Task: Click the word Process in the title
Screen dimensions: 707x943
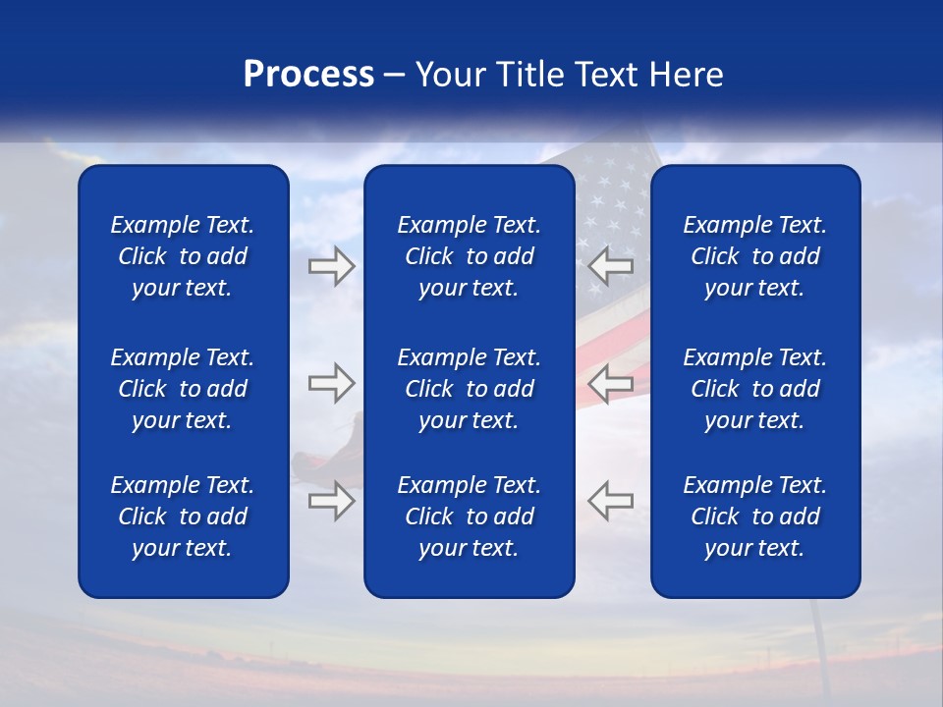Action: [x=308, y=75]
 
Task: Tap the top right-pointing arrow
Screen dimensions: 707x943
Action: [x=331, y=266]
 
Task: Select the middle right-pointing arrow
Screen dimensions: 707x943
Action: [x=331, y=383]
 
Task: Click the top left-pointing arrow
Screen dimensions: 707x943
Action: [x=611, y=266]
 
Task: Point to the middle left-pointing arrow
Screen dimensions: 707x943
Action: [x=611, y=383]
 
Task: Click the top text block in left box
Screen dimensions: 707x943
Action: [x=183, y=256]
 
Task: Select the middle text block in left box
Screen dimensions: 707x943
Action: [x=183, y=389]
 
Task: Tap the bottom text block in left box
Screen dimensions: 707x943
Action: [x=183, y=517]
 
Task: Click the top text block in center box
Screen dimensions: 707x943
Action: [x=469, y=256]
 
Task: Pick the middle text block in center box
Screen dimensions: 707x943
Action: [x=469, y=389]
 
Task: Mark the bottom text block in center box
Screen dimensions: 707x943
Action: [x=469, y=517]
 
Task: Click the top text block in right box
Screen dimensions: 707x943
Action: [x=754, y=256]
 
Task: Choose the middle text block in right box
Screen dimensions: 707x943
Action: [x=754, y=389]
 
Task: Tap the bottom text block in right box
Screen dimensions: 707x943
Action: [x=754, y=517]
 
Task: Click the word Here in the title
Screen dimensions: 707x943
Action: [x=685, y=75]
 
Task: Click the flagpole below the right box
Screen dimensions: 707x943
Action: [x=818, y=638]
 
